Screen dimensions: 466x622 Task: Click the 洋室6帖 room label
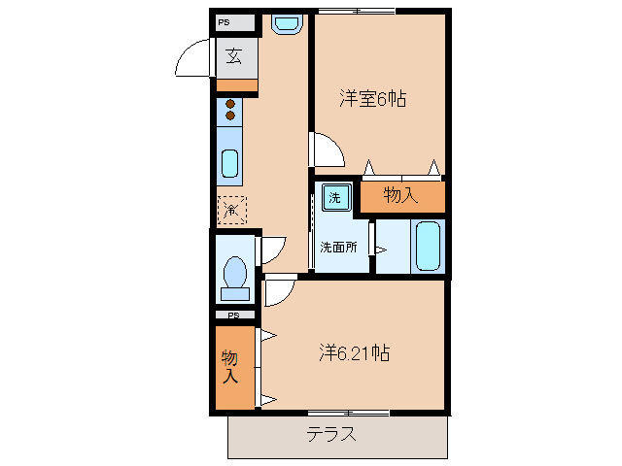[372, 98]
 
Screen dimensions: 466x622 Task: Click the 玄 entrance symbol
[235, 55]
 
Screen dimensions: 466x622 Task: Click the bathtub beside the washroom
[428, 247]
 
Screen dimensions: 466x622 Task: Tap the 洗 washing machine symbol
[334, 197]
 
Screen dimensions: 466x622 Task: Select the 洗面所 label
[338, 247]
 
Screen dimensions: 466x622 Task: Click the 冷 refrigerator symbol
[231, 210]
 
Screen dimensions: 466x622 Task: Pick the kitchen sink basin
[230, 164]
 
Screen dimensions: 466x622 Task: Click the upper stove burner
[230, 104]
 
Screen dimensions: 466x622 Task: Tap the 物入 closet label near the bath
[400, 195]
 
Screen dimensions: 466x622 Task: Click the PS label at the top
[225, 21]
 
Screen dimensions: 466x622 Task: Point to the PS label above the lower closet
[233, 316]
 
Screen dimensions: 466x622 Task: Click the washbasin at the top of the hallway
[285, 24]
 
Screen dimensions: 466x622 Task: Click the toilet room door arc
[271, 250]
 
